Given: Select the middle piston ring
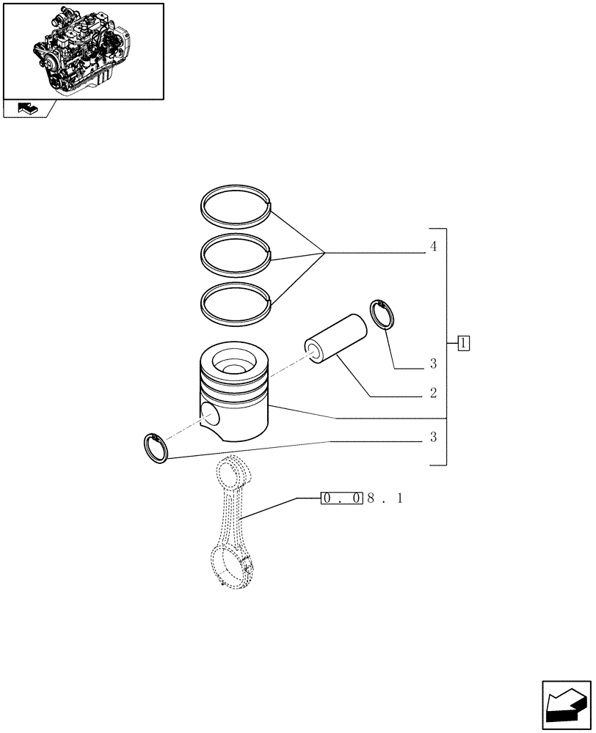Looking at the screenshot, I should click(x=236, y=237).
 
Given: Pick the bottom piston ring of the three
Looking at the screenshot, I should click(x=236, y=285).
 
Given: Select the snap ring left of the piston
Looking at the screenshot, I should click(x=155, y=448).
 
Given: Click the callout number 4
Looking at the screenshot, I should click(x=434, y=248).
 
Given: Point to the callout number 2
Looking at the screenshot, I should click(x=434, y=393).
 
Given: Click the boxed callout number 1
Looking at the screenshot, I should click(x=464, y=342).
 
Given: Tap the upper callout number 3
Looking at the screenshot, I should click(x=434, y=364).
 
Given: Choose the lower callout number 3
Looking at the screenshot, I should click(x=434, y=438).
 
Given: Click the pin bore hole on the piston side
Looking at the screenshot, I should click(x=210, y=416).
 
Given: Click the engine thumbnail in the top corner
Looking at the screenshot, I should click(x=83, y=50).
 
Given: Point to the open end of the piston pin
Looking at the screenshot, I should click(x=318, y=350).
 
